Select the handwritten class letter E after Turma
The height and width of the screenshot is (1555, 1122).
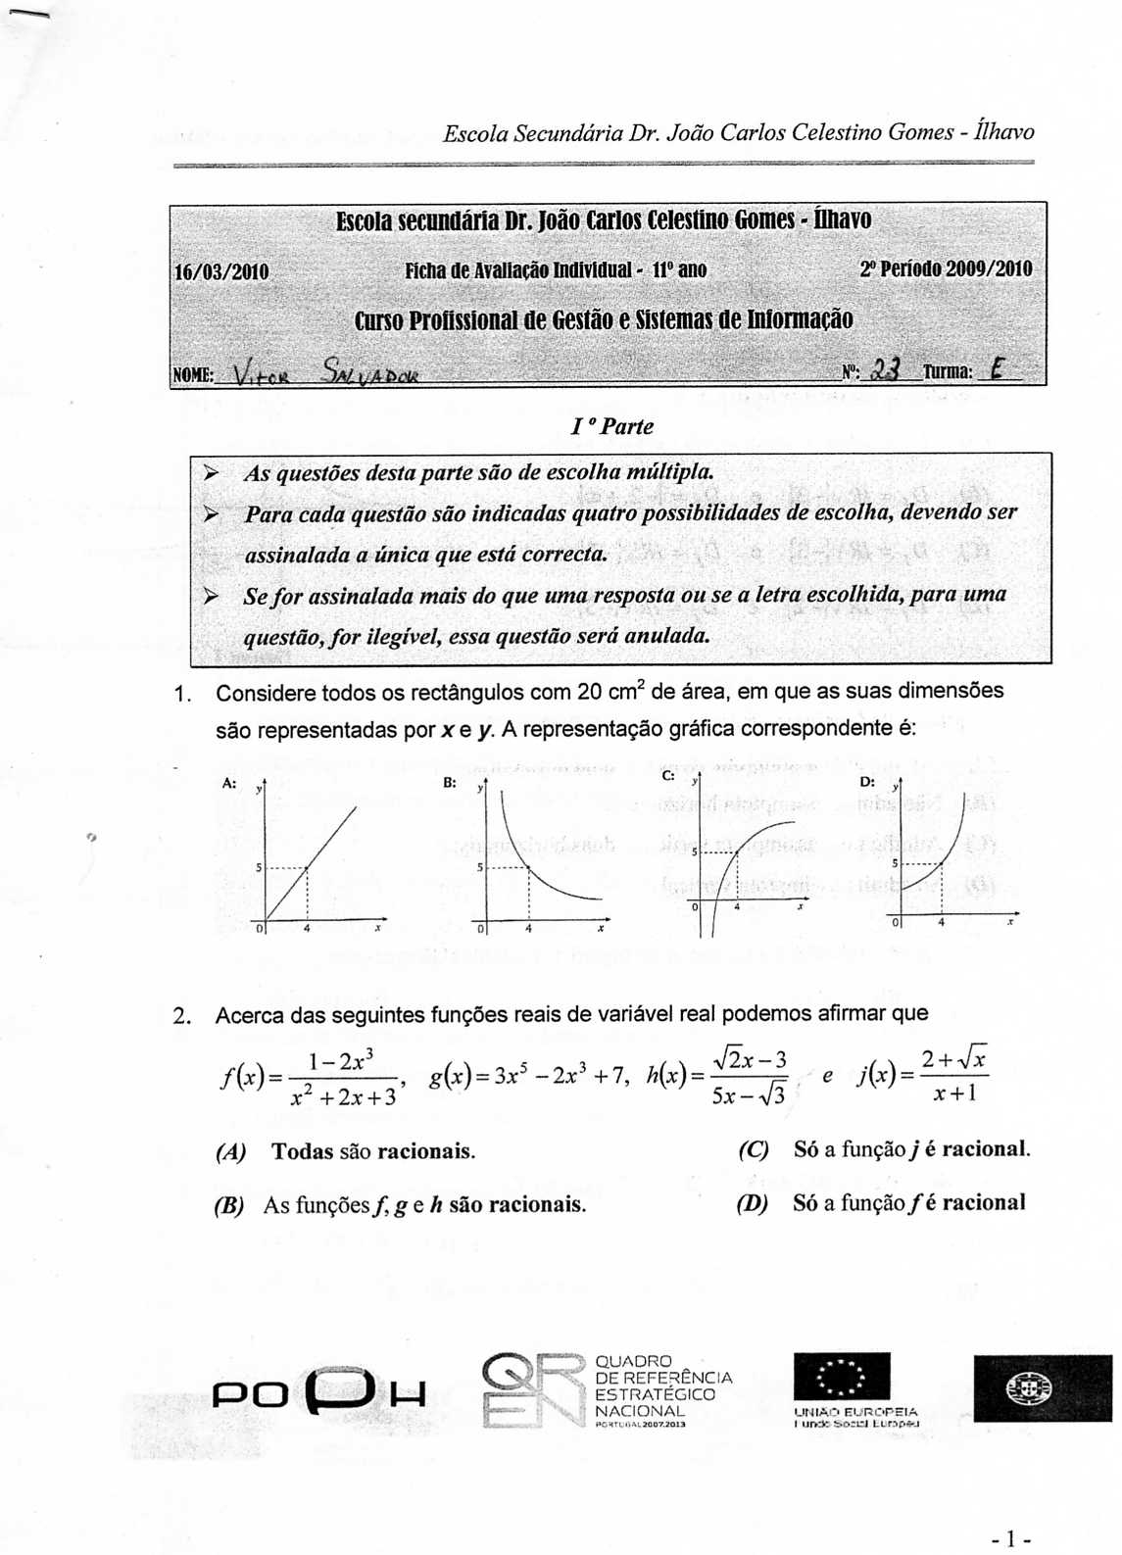pyautogui.click(x=998, y=369)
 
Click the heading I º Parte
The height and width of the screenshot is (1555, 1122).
pyautogui.click(x=612, y=426)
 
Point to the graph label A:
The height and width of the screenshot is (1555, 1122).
pyautogui.click(x=229, y=783)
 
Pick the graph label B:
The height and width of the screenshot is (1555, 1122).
pyautogui.click(x=450, y=783)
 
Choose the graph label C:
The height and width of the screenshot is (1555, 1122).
pyautogui.click(x=668, y=775)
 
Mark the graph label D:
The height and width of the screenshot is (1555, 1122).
pyautogui.click(x=867, y=782)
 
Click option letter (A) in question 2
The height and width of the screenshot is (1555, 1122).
pyautogui.click(x=230, y=1152)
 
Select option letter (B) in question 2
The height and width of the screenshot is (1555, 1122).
pyautogui.click(x=228, y=1205)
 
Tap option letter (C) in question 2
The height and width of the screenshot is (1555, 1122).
pyautogui.click(x=754, y=1149)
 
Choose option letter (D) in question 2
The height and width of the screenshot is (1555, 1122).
pyautogui.click(x=753, y=1203)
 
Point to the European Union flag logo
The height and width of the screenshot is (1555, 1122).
pyautogui.click(x=842, y=1377)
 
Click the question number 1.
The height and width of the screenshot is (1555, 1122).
pyautogui.click(x=180, y=694)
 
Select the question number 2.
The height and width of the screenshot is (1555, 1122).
pyautogui.click(x=181, y=1015)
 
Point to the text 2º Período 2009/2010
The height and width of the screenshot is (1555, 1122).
pyautogui.click(x=946, y=268)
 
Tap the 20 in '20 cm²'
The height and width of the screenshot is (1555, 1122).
pyautogui.click(x=590, y=692)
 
